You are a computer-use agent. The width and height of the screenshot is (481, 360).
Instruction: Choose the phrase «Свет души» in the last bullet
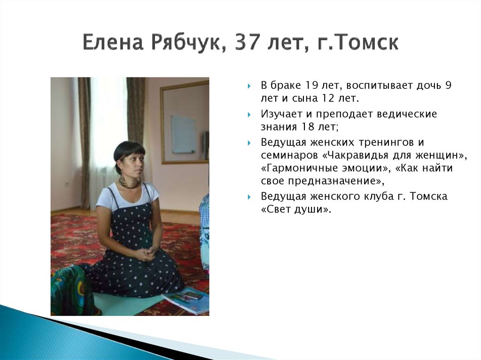pyautogui.click(x=296, y=209)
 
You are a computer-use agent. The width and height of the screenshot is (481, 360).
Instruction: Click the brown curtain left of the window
pyautogui.click(x=85, y=141)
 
